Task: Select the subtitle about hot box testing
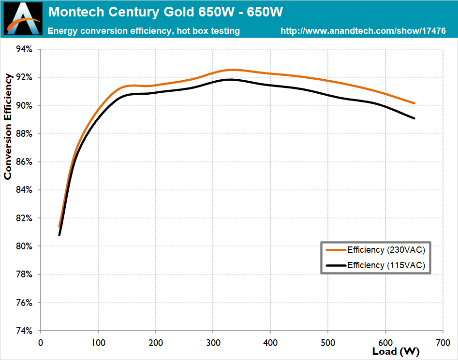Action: (x=144, y=31)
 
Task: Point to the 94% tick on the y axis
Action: (x=24, y=49)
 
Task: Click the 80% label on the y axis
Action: (x=24, y=246)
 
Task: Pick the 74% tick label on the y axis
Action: (x=24, y=331)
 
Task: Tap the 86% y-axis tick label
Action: (x=24, y=162)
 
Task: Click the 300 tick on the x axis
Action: (x=213, y=342)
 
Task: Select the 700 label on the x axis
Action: (x=443, y=342)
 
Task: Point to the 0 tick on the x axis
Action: (x=41, y=342)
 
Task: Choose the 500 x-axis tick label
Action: (x=328, y=342)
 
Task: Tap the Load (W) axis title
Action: (x=396, y=351)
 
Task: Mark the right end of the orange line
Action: (x=414, y=103)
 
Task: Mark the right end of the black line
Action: (x=414, y=118)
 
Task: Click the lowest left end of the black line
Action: (x=59, y=235)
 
